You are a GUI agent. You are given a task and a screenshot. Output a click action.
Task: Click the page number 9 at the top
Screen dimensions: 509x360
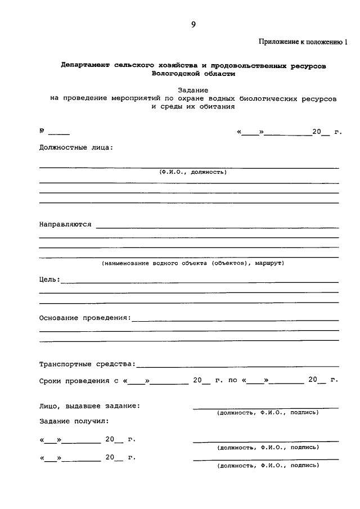[193, 24]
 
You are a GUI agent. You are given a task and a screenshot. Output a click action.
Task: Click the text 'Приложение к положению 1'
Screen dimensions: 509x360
[303, 42]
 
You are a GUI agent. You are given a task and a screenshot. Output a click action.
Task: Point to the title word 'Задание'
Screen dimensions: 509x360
[193, 89]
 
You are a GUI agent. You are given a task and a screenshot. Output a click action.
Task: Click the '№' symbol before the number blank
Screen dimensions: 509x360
[42, 132]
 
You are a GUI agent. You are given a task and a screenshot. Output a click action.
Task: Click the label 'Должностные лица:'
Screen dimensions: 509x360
[76, 148]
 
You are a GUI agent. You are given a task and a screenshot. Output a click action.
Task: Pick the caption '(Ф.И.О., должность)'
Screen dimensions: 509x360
[192, 172]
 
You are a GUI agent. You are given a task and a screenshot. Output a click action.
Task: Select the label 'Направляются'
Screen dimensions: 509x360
[65, 224]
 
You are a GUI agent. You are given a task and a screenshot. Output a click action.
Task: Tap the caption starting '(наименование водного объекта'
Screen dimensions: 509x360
[192, 263]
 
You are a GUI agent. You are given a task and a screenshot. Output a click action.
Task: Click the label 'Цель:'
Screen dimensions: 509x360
[49, 279]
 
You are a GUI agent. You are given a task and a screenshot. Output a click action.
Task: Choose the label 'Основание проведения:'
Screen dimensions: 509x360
[84, 318]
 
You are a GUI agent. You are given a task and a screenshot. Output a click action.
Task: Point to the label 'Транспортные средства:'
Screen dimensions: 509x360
[87, 364]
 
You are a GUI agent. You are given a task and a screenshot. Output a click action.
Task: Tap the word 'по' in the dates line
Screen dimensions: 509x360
[232, 381]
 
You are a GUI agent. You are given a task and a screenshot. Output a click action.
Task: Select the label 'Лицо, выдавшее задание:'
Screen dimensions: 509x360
[89, 406]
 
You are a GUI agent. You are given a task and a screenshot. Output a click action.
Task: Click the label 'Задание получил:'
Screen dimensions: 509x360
[74, 421]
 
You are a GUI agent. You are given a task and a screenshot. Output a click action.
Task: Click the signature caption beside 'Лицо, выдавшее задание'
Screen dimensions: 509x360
[268, 413]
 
